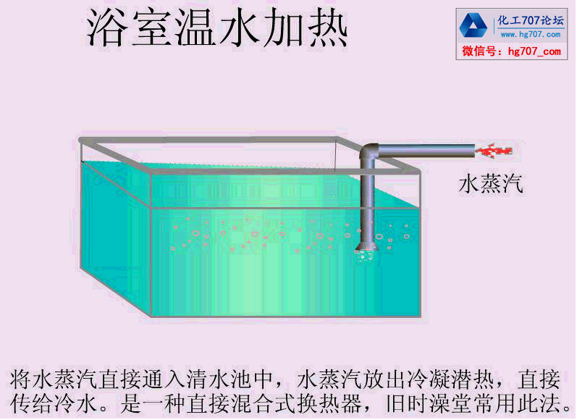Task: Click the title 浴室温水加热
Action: [217, 30]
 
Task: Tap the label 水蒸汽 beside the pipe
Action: [490, 184]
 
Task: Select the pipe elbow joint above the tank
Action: [369, 154]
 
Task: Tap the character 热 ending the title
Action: [327, 30]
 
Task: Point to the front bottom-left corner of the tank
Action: [151, 316]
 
